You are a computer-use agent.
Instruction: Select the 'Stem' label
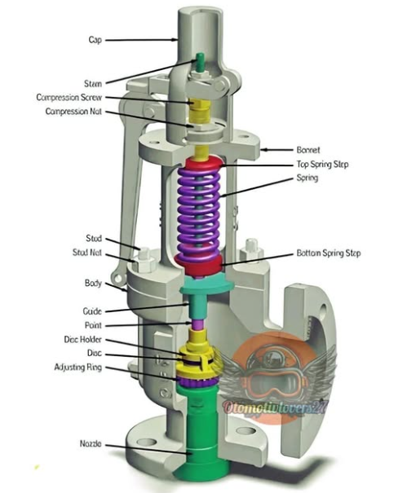pos(93,83)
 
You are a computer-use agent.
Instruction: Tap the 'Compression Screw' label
pos(70,97)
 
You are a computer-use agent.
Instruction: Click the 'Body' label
pos(92,286)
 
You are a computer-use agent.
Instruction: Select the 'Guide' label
pos(92,311)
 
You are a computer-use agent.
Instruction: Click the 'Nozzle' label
pos(91,443)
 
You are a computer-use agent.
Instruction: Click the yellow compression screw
pos(200,107)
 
